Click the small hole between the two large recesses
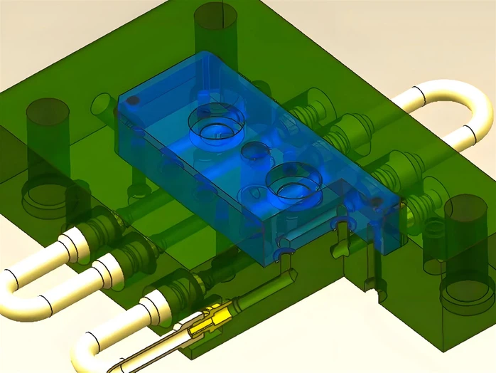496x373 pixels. click(x=254, y=151)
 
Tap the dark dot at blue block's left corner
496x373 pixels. click(x=131, y=101)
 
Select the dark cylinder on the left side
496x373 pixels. click(x=48, y=135)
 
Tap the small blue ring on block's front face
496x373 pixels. click(x=286, y=252)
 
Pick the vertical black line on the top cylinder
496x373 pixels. click(x=222, y=14)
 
